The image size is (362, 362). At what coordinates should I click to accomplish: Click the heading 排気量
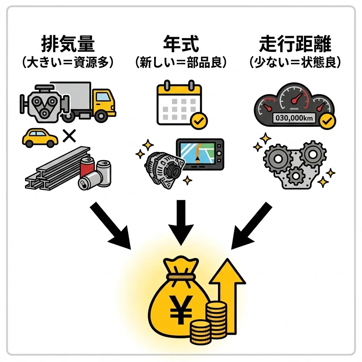(x=68, y=44)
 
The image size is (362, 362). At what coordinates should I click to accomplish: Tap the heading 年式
(x=181, y=44)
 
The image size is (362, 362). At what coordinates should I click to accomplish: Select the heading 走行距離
(x=295, y=44)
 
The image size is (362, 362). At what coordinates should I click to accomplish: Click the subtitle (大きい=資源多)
(x=68, y=63)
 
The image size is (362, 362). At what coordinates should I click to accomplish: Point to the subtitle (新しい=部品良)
(x=181, y=63)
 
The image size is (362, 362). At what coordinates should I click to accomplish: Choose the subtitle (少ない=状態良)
(x=295, y=63)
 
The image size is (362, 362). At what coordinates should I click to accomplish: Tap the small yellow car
(x=40, y=138)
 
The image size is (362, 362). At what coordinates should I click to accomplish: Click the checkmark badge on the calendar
(x=199, y=121)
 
